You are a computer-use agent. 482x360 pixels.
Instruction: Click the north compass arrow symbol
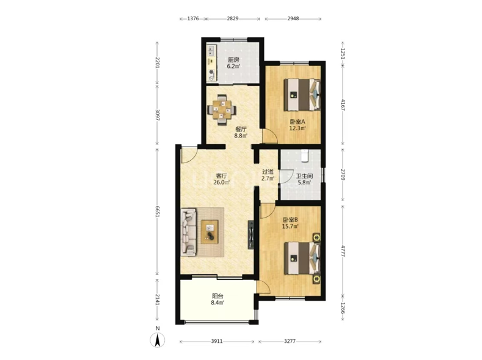click(x=157, y=340)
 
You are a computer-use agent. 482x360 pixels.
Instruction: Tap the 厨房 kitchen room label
click(x=233, y=60)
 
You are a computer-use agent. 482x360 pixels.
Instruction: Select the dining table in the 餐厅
click(x=222, y=110)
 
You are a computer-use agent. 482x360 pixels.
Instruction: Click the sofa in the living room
click(x=188, y=232)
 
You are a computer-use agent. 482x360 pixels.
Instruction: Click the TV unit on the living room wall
click(x=251, y=234)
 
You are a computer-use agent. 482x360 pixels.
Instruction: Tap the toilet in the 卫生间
click(x=305, y=155)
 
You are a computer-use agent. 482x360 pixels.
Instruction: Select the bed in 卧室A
click(x=302, y=95)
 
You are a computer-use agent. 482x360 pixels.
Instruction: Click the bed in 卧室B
click(x=302, y=258)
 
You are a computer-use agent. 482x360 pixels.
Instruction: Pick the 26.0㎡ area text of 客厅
click(x=221, y=183)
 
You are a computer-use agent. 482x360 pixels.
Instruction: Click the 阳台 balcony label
click(x=217, y=296)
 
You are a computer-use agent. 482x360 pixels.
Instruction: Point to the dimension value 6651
click(x=158, y=211)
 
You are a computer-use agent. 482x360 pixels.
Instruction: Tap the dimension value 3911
click(x=217, y=341)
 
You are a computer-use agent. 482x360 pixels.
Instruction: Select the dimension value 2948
click(x=293, y=18)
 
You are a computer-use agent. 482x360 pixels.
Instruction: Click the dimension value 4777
click(x=343, y=250)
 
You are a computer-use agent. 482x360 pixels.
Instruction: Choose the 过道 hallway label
click(x=268, y=172)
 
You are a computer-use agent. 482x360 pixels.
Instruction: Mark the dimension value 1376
click(x=193, y=18)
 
